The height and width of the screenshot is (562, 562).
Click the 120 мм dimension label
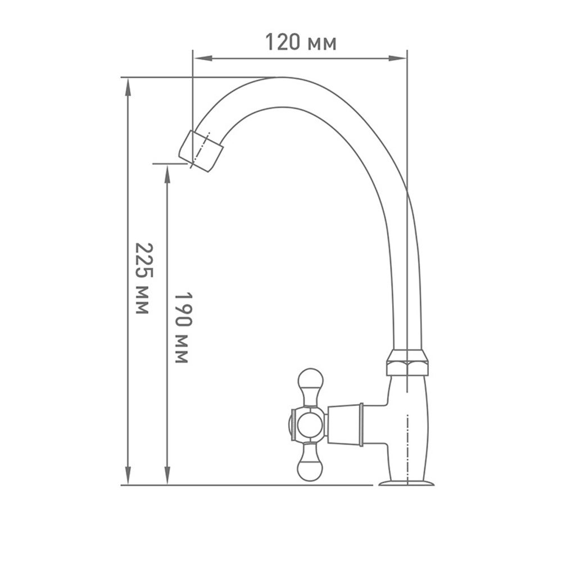301,42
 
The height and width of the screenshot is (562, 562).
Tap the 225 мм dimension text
143,279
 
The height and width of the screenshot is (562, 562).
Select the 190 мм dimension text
184,328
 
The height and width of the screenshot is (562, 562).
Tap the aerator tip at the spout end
201,151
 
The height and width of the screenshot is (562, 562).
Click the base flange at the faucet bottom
406,483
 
